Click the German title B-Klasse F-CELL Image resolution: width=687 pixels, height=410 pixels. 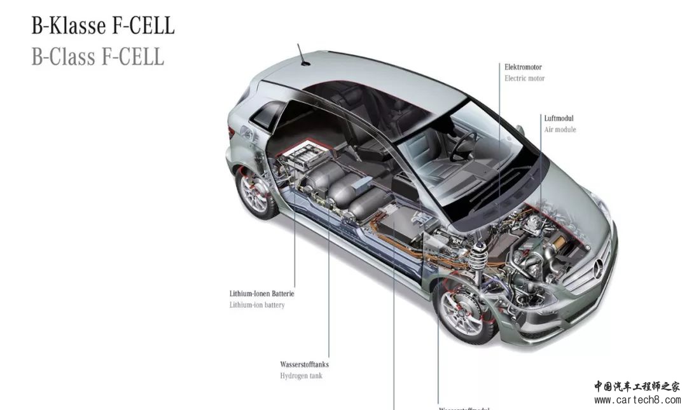point(103,26)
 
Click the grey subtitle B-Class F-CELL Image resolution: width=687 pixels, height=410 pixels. point(98,57)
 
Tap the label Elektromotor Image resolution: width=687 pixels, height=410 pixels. point(523,67)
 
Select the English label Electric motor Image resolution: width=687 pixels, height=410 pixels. point(524,78)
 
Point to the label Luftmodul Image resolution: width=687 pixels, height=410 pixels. point(559,118)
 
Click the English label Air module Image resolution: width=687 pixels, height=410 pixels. point(560,130)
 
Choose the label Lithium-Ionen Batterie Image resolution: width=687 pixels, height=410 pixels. point(261,294)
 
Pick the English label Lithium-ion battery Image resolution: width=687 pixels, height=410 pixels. point(257,305)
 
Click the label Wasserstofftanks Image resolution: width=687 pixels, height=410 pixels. point(304,365)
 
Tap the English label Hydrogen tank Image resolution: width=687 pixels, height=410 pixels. point(301,376)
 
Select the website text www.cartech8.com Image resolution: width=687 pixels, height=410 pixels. point(637,400)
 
